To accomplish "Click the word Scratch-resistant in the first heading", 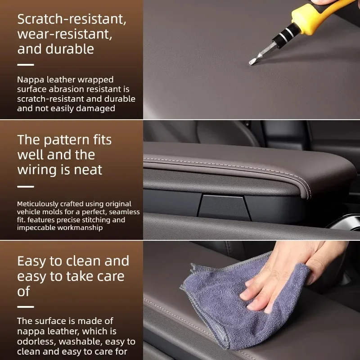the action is point(72,19).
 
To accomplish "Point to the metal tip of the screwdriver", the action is point(252,62).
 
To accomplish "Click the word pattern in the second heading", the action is point(67,140).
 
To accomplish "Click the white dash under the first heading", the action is point(26,65).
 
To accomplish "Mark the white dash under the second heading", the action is point(26,187).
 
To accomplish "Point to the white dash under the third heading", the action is point(26,307).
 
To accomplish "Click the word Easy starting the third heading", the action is point(31,262).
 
